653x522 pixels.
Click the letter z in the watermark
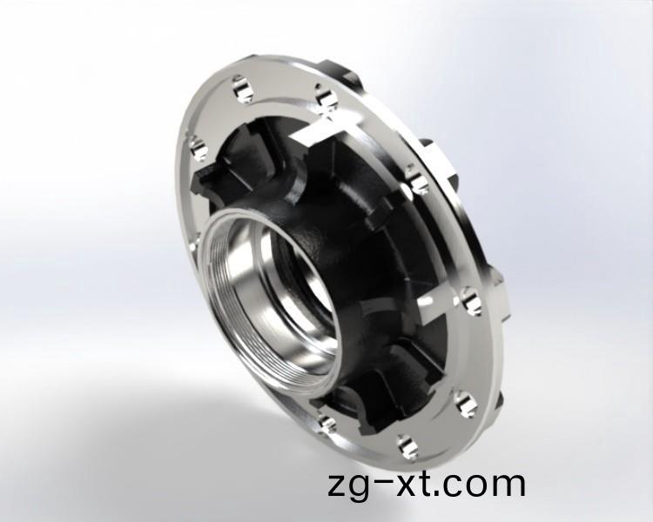(338, 484)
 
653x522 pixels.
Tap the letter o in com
(492, 484)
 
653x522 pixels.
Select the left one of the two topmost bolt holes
(239, 86)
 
